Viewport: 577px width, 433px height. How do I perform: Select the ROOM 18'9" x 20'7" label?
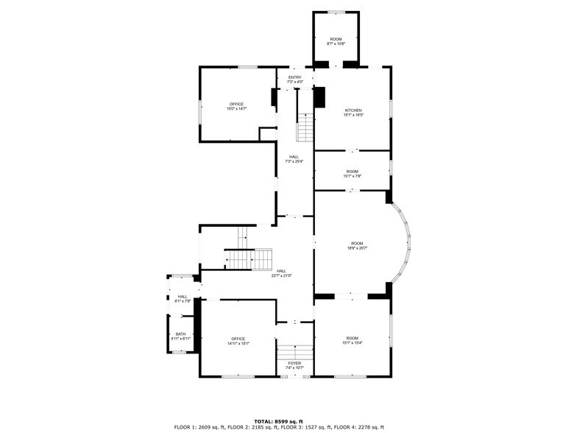point(357,245)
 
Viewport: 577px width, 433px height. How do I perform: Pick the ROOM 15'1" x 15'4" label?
point(352,340)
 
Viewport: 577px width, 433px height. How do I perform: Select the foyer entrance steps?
point(294,351)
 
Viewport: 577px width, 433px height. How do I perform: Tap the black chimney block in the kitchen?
point(319,97)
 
